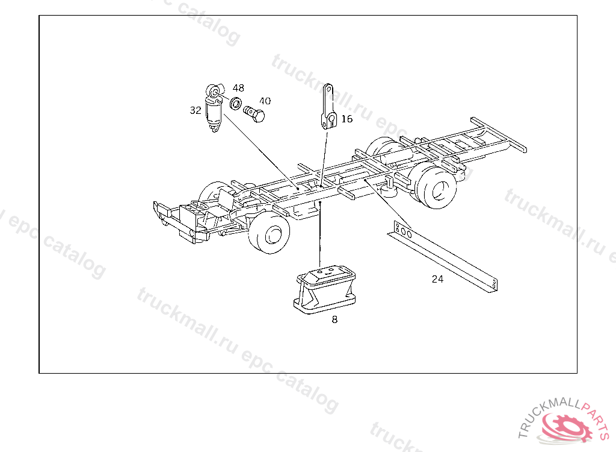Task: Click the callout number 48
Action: (238, 88)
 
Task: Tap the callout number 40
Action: (265, 101)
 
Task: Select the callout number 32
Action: (196, 110)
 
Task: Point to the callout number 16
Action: (347, 119)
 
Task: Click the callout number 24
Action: (437, 279)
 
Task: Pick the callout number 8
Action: (334, 319)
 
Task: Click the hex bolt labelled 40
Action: (254, 114)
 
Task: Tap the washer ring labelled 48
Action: (236, 104)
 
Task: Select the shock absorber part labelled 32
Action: (215, 108)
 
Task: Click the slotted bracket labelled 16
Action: (328, 107)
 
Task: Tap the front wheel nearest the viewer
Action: (269, 234)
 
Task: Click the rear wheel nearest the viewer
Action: (436, 187)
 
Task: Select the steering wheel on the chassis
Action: (199, 206)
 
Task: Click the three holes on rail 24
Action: (404, 231)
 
